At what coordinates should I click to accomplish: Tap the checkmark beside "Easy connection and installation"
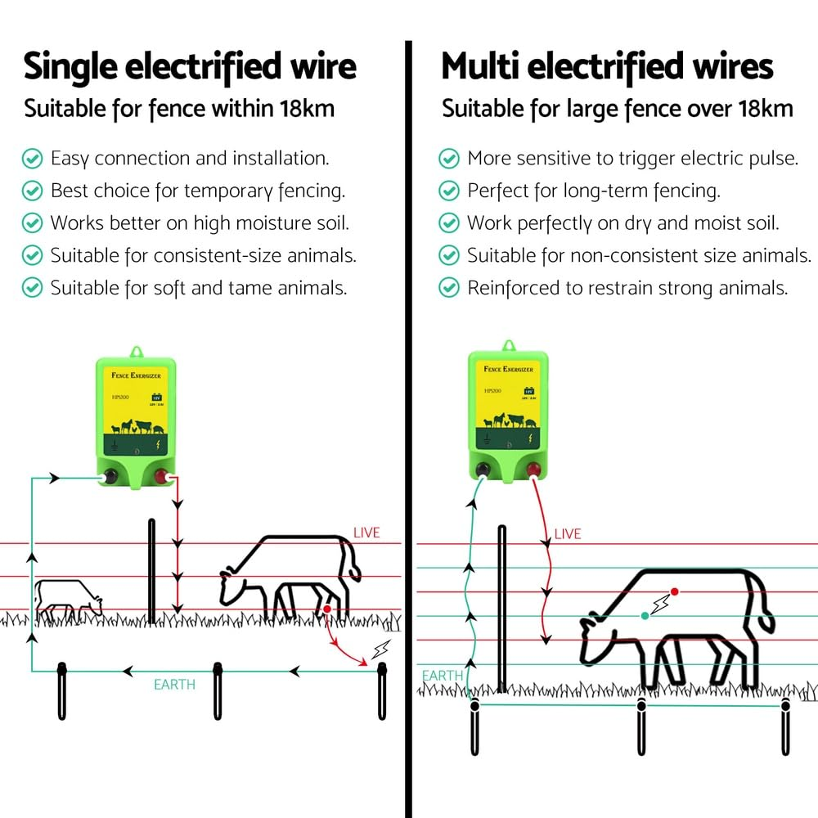point(32,158)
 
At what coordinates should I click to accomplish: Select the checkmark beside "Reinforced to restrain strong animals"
point(449,288)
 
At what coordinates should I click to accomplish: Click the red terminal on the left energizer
point(170,478)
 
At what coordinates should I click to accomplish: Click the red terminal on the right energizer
point(533,470)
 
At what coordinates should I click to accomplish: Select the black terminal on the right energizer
point(483,470)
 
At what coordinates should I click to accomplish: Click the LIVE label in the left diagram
point(366,533)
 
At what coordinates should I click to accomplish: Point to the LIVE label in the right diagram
point(568,534)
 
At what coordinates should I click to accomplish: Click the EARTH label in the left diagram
point(175,684)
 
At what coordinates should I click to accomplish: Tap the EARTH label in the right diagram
point(443,676)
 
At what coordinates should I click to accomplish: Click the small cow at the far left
point(67,600)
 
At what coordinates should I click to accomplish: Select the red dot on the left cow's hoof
point(326,609)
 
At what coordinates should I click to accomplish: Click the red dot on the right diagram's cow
point(674,591)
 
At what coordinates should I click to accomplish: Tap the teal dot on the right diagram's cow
point(645,615)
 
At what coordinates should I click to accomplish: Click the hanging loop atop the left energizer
point(136,351)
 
